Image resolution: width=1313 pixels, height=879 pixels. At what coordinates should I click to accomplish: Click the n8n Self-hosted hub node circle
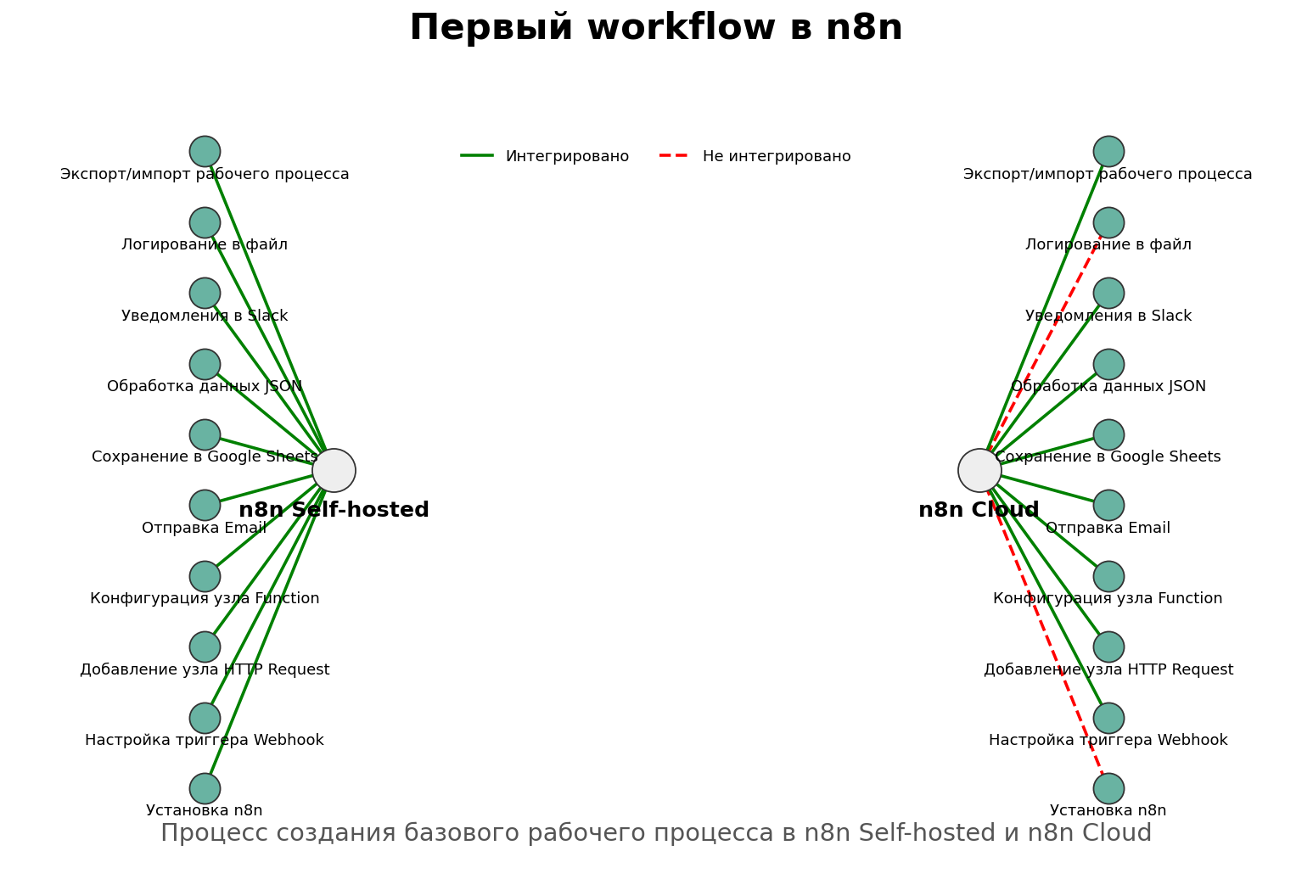pos(334,470)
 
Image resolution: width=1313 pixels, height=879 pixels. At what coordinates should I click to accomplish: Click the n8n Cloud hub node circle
pos(979,470)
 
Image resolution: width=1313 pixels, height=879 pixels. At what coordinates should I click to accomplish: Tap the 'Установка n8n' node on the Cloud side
pos(1108,788)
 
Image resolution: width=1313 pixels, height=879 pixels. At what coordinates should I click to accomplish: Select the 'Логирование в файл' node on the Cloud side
pos(1108,222)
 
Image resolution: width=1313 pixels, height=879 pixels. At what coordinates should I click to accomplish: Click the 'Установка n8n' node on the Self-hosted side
pos(205,788)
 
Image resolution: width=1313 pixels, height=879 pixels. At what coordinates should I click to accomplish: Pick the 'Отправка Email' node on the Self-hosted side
pos(205,505)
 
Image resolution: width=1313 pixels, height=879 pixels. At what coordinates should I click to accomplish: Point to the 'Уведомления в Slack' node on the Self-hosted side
pos(205,293)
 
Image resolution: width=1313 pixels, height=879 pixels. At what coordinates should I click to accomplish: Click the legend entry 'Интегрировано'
pos(566,156)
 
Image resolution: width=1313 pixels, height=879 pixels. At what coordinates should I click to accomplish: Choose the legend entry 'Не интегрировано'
pos(776,156)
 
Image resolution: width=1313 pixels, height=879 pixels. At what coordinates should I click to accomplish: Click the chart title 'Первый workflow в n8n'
pos(656,27)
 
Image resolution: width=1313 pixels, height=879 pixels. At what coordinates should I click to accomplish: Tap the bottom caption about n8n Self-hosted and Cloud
pos(656,833)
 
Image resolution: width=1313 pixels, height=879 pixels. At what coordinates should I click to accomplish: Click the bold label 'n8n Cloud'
pos(979,510)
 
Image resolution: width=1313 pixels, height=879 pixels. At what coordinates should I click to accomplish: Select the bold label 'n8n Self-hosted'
pos(334,510)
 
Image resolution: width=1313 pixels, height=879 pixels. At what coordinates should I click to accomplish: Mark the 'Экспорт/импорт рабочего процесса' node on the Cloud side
pos(1108,151)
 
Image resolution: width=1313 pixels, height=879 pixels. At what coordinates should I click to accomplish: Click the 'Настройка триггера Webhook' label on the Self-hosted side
pos(205,740)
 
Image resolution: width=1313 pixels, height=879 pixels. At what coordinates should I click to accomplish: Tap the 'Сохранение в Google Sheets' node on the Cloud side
pos(1108,434)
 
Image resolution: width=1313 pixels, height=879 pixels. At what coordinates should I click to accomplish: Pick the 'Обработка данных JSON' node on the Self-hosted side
pos(205,364)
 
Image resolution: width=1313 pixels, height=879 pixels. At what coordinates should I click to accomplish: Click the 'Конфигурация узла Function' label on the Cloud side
pos(1108,598)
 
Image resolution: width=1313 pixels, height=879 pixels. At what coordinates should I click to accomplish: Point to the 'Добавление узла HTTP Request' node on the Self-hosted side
pos(205,647)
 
